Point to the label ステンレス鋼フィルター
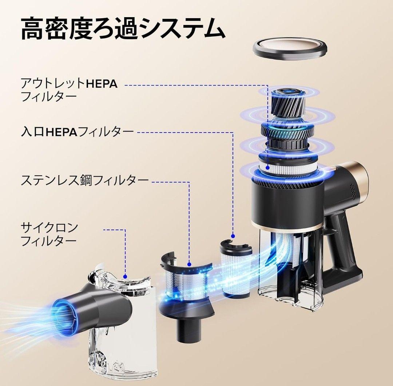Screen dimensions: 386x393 point(85,180)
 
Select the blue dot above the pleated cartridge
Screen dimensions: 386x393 point(233,236)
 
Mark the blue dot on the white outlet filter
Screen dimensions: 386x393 point(267,168)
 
